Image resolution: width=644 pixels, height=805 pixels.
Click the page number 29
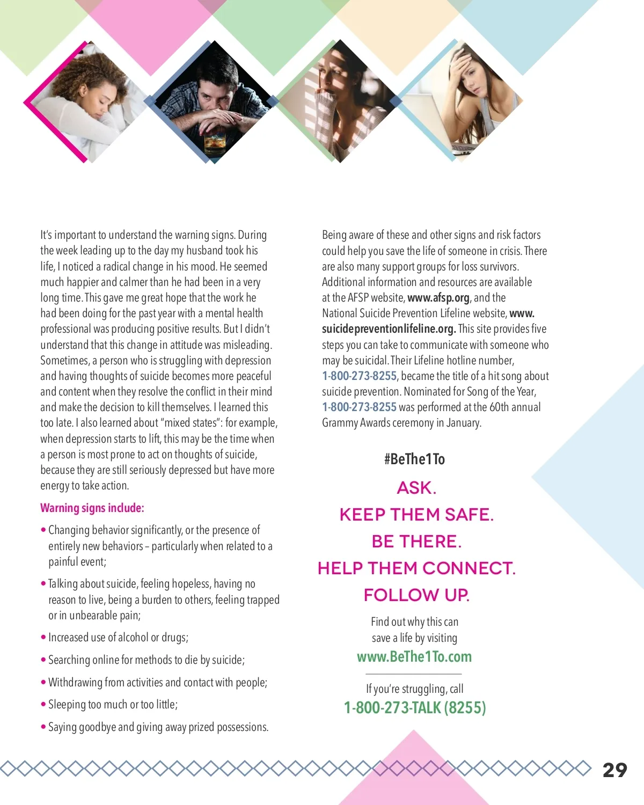point(614,770)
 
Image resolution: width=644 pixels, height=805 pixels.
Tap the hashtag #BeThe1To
point(414,459)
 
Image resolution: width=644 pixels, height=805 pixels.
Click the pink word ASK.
point(416,488)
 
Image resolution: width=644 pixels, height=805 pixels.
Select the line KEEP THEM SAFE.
point(416,515)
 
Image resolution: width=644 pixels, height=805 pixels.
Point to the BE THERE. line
point(416,541)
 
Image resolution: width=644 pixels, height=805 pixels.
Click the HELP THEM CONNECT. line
point(416,568)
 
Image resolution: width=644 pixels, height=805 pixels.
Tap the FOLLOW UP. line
point(416,595)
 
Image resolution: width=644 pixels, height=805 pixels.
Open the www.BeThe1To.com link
point(414,657)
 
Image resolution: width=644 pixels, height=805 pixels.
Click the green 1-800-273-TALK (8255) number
point(415,708)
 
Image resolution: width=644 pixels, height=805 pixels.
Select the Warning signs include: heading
point(92,508)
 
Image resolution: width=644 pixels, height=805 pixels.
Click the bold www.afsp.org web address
point(438,298)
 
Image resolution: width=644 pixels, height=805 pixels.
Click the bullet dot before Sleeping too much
point(43,705)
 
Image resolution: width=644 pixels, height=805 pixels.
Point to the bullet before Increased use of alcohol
point(43,638)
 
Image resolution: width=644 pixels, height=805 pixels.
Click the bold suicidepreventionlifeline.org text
point(389,329)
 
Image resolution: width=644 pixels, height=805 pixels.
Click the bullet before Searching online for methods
point(43,660)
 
